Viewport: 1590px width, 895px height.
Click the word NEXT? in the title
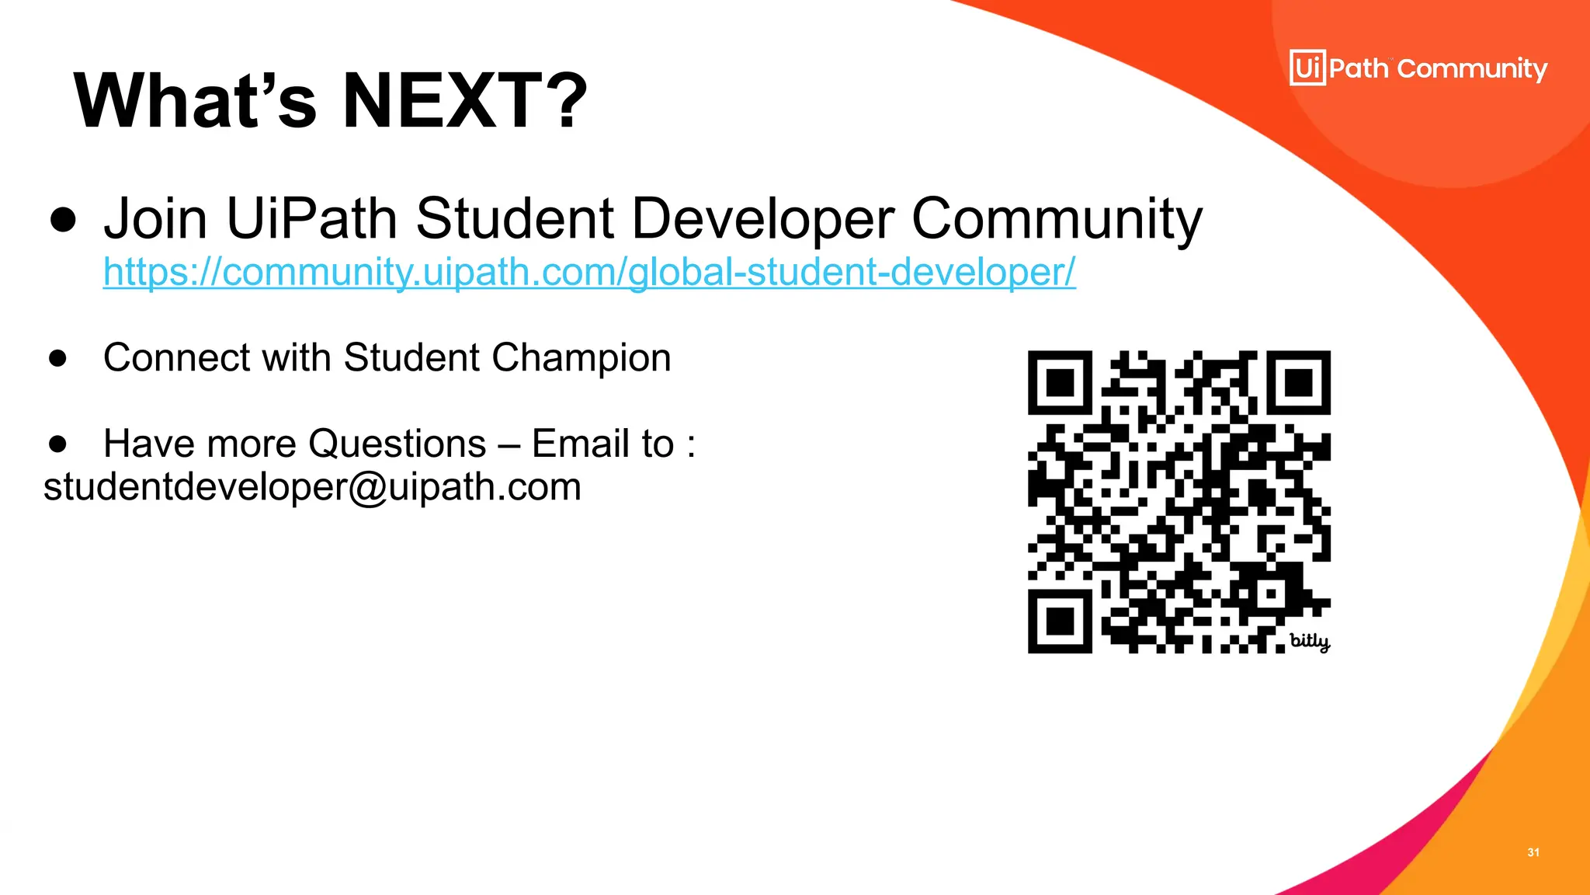(x=464, y=101)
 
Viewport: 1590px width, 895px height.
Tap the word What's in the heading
(x=195, y=101)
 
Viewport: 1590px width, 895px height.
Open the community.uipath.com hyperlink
(x=589, y=272)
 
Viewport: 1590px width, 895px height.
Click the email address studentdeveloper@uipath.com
(x=312, y=487)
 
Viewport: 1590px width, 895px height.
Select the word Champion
(x=581, y=358)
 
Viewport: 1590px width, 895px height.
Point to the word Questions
(x=397, y=444)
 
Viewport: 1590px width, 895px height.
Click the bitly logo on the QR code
(x=1309, y=641)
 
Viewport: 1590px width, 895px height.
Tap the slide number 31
(x=1533, y=852)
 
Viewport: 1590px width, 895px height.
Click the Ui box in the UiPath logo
(x=1307, y=68)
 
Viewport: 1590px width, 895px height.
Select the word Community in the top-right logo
(x=1472, y=69)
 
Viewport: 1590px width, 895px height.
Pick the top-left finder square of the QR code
(x=1060, y=382)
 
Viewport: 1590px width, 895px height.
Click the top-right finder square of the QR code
(x=1299, y=382)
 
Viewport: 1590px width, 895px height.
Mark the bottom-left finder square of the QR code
(x=1060, y=622)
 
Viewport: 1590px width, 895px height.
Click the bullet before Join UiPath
(x=63, y=220)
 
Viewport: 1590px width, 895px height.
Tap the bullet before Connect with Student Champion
(x=57, y=359)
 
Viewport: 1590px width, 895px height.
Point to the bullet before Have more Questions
(x=57, y=444)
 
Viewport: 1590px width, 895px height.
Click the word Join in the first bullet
(x=155, y=219)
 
